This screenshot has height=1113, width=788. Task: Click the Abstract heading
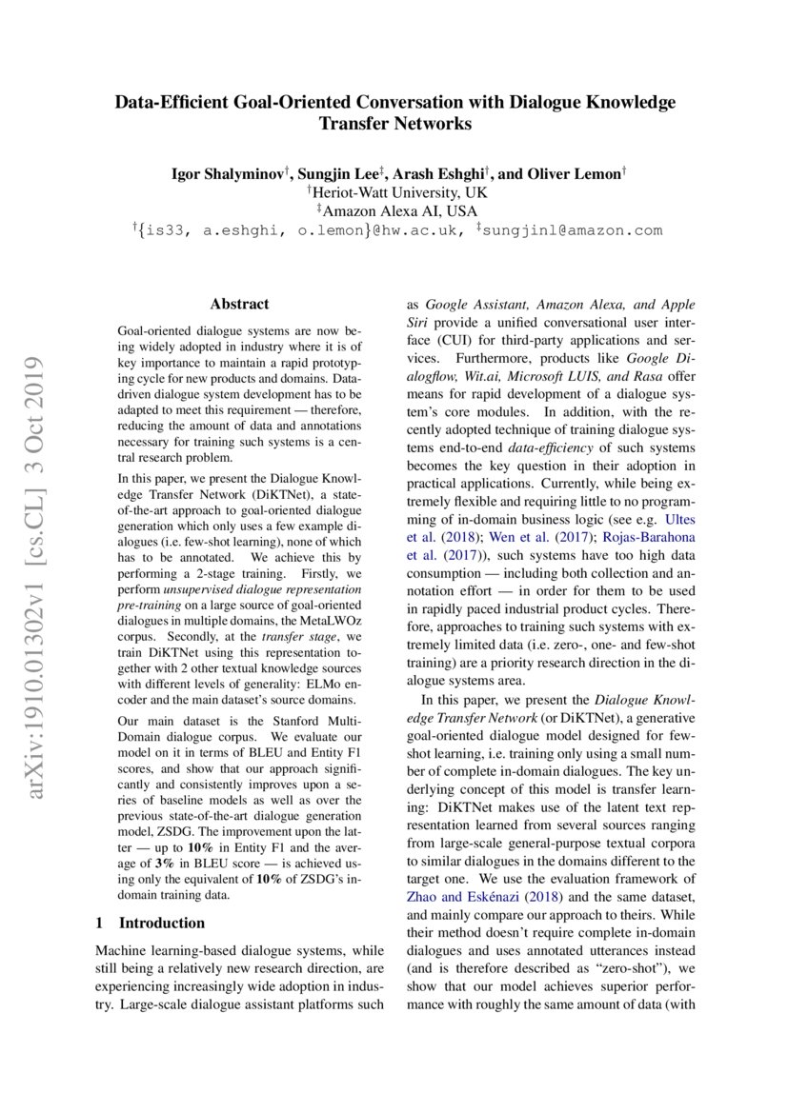tap(239, 305)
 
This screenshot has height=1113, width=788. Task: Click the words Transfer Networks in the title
tap(394, 124)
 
